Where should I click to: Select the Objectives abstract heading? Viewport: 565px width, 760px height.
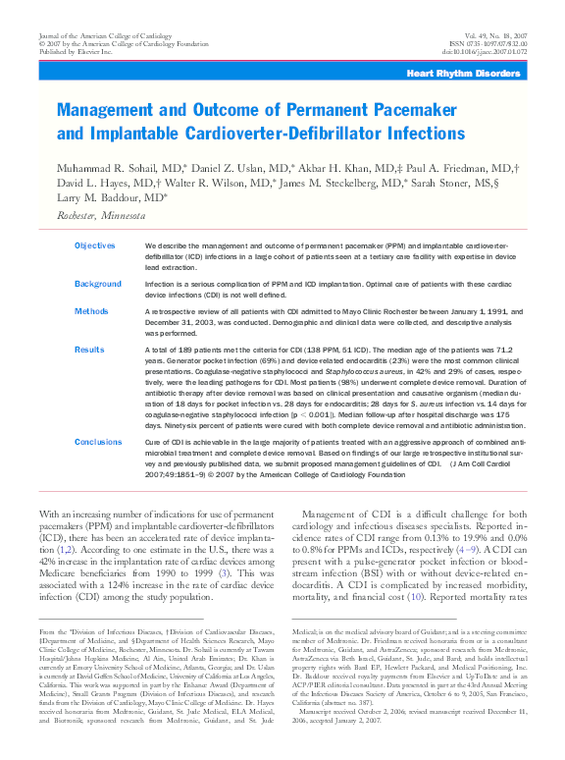(x=95, y=245)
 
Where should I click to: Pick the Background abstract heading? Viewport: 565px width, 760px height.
(x=98, y=284)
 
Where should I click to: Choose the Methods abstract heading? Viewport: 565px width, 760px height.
(x=90, y=311)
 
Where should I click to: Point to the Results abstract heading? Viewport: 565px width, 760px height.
(x=89, y=350)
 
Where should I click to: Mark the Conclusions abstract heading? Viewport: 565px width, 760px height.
(x=98, y=443)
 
